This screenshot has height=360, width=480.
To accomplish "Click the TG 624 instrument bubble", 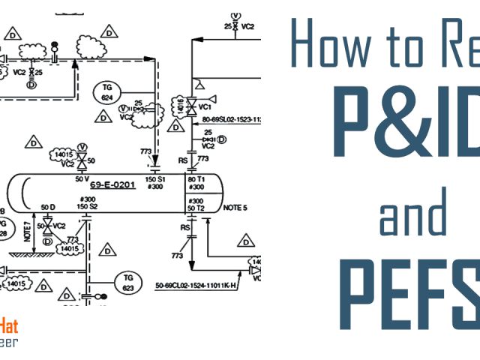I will [107, 92].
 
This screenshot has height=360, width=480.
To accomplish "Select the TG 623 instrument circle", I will [127, 282].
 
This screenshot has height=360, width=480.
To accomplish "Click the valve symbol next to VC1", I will [191, 104].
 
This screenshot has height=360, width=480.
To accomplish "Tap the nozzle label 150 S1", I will [156, 180].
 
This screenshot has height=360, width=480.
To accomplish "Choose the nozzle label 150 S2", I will [88, 205].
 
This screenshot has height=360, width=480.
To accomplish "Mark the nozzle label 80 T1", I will [196, 180].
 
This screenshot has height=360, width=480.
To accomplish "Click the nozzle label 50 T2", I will [196, 208].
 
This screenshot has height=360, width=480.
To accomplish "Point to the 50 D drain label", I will [48, 207].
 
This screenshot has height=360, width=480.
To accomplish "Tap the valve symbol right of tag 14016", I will [191, 104].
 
